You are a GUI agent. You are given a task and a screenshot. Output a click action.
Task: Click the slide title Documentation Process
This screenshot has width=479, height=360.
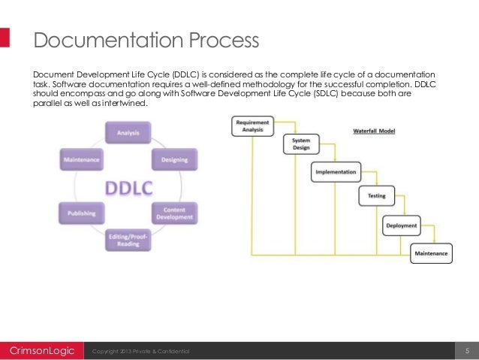pyautogui.click(x=146, y=39)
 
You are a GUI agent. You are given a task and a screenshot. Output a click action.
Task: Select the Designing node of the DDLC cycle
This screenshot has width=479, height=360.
pyautogui.click(x=174, y=159)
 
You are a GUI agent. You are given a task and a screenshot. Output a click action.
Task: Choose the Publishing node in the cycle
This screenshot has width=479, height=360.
pyautogui.click(x=82, y=213)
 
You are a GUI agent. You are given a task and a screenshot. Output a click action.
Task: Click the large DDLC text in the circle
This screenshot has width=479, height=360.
pyautogui.click(x=128, y=186)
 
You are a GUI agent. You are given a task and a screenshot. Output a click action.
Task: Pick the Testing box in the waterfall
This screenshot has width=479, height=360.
pyautogui.click(x=376, y=196)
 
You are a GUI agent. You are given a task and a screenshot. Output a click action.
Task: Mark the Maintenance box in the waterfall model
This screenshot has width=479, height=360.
pyautogui.click(x=432, y=253)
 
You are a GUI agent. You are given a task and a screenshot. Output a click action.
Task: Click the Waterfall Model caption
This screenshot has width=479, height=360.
pyautogui.click(x=375, y=131)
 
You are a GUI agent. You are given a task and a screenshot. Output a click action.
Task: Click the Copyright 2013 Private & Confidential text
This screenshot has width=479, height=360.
pyautogui.click(x=140, y=352)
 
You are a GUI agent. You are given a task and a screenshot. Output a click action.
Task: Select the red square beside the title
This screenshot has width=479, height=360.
pyautogui.click(x=5, y=39)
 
